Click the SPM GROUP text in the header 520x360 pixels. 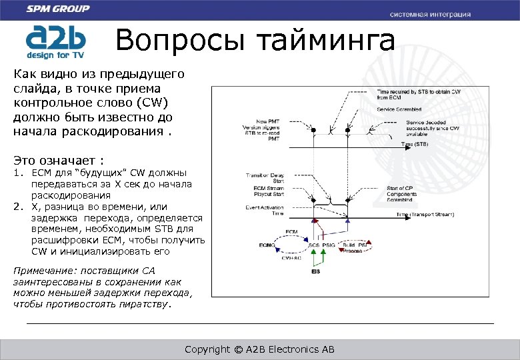coord(58,9)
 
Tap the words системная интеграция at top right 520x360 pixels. coord(430,14)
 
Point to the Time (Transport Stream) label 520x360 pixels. coord(424,215)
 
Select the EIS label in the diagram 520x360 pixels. coord(316,271)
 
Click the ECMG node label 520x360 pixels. coord(267,245)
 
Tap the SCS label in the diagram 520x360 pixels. coord(314,245)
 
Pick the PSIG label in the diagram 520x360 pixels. coord(329,245)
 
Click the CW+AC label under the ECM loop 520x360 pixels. coord(291,257)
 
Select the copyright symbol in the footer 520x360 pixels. coord(237,349)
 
